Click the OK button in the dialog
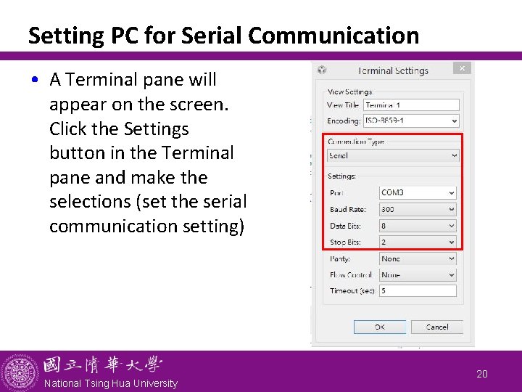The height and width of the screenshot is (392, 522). (379, 327)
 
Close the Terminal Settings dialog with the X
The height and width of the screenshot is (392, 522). (463, 68)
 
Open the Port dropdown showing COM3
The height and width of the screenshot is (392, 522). (418, 193)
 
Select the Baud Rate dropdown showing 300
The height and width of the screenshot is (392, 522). (418, 209)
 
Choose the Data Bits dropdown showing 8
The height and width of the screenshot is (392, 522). (418, 226)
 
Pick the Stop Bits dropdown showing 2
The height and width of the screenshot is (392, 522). (418, 242)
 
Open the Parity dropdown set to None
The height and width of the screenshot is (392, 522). (418, 258)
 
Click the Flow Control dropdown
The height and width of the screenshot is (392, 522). (418, 274)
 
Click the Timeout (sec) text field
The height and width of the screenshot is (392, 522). (418, 290)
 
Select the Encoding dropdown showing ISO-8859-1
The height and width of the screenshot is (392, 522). (411, 121)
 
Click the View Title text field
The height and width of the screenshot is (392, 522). (411, 105)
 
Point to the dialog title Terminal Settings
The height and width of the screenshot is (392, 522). (393, 71)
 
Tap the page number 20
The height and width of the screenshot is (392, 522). (482, 374)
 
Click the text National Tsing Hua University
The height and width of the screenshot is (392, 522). (110, 383)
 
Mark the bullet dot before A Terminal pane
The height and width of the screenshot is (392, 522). (36, 80)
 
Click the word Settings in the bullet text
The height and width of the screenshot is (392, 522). (156, 129)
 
